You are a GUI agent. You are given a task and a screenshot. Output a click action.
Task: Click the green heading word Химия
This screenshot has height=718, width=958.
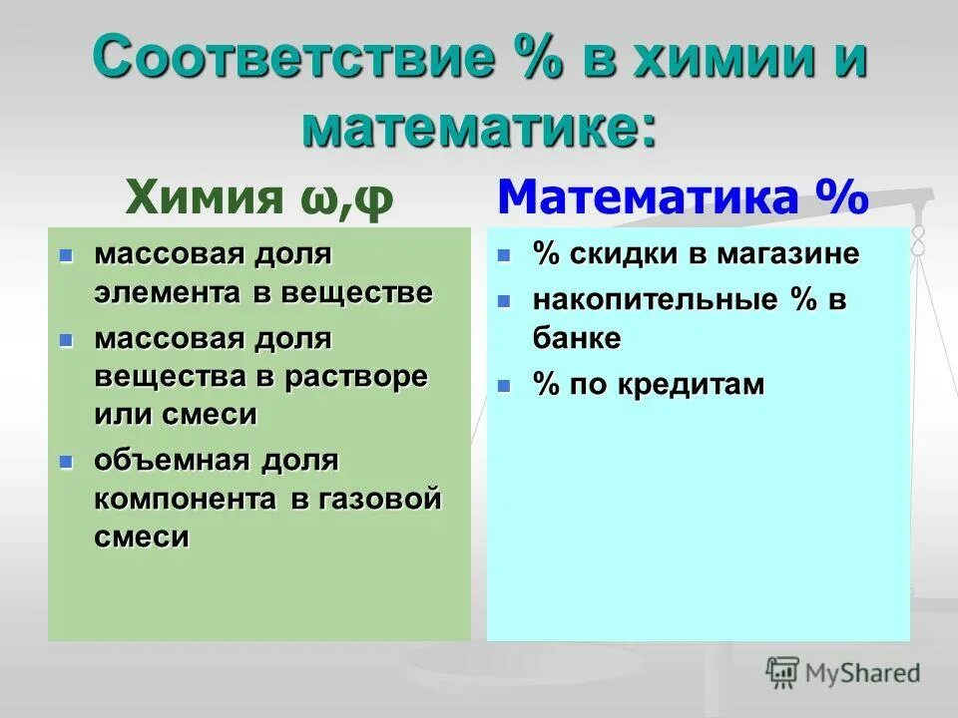[x=206, y=196]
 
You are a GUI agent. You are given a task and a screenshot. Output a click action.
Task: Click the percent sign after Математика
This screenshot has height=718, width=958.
[x=838, y=196]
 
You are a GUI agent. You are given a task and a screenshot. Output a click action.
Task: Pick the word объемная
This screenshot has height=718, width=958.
[x=173, y=461]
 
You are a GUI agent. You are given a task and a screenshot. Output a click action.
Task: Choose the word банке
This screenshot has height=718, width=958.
[x=577, y=338]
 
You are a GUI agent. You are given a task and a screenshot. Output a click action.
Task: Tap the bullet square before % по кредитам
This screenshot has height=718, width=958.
[x=505, y=385]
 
